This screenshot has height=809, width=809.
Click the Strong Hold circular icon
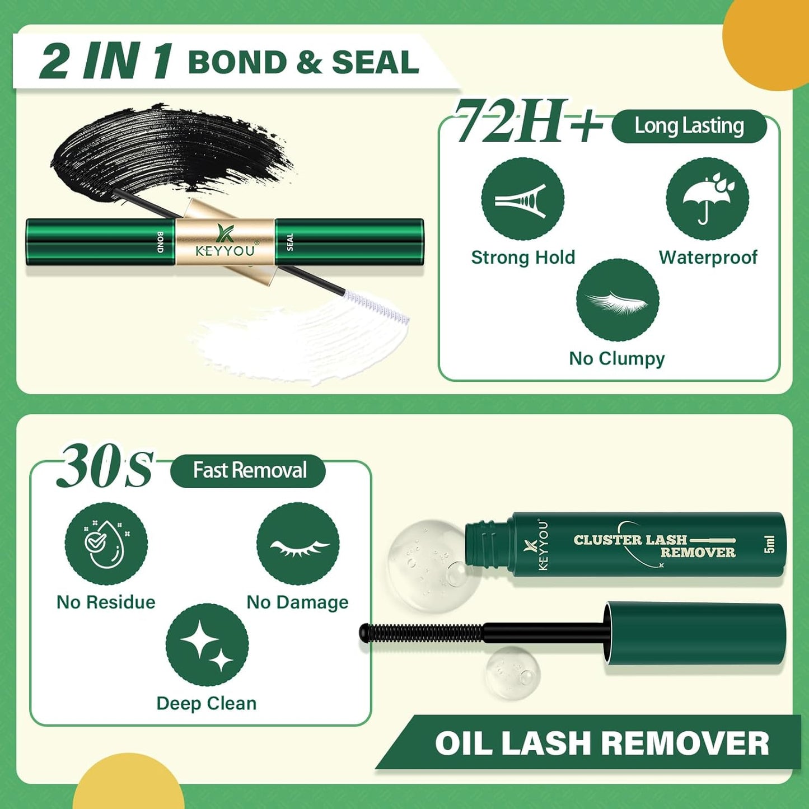tap(522, 199)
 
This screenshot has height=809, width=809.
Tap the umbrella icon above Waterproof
tap(707, 199)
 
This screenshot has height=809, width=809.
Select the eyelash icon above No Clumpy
tap(618, 300)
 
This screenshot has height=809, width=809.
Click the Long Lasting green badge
tap(689, 127)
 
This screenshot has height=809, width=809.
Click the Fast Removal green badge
tap(248, 470)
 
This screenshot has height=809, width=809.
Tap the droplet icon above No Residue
tap(106, 544)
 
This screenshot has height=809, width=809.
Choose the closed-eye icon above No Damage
tap(297, 544)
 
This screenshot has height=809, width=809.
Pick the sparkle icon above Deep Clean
tap(207, 645)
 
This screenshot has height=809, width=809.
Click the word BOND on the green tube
tap(160, 242)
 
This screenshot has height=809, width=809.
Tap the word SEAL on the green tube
tap(289, 242)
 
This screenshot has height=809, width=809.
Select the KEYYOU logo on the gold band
tap(225, 242)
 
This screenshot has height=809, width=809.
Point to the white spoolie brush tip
tap(377, 307)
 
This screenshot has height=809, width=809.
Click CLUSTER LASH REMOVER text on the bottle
tap(654, 546)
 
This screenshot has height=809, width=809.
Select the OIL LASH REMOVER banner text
tap(602, 743)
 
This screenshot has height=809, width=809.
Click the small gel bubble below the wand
tap(512, 672)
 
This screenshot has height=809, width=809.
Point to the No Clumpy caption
tap(617, 358)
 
